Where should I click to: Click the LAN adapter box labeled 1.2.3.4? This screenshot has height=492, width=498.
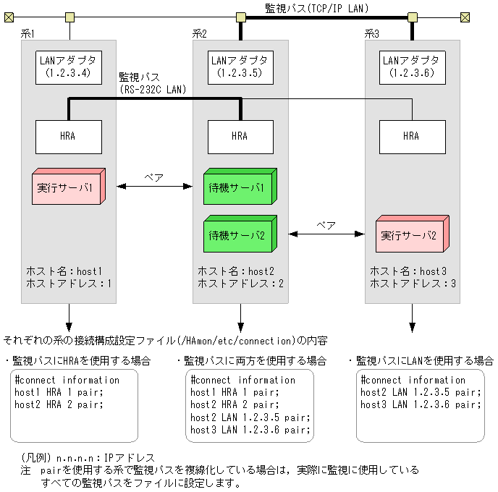(69, 67)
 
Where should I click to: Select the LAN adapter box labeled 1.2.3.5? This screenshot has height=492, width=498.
(240, 67)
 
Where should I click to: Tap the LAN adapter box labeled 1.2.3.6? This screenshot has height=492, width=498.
(412, 67)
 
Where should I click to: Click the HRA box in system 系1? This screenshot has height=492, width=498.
(69, 136)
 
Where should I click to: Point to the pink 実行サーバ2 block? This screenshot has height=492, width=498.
(410, 235)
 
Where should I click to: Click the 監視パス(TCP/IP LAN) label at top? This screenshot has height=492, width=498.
(316, 8)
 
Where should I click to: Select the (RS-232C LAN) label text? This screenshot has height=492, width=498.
(153, 90)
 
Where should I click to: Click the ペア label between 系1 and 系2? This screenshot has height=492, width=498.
(153, 177)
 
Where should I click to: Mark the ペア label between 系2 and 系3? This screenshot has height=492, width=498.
(326, 225)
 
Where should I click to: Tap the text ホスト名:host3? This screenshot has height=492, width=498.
(408, 271)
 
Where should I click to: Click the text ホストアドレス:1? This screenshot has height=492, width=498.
(69, 283)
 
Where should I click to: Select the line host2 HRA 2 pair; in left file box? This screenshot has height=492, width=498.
(59, 404)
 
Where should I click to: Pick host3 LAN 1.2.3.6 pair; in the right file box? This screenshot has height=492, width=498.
(421, 404)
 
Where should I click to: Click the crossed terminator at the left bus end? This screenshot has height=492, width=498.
(8, 16)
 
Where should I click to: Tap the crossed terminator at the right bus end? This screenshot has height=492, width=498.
(465, 16)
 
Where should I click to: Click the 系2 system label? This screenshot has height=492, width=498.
(200, 33)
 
